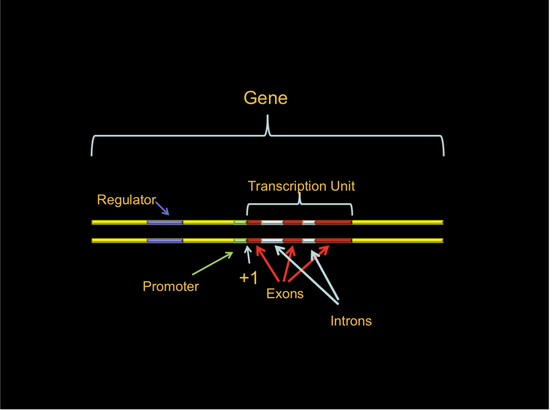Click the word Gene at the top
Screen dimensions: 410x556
click(x=265, y=98)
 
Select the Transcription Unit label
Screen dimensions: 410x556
click(x=301, y=186)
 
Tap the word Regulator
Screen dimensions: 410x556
click(x=126, y=200)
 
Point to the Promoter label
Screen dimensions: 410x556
click(x=170, y=286)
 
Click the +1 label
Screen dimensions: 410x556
click(x=248, y=278)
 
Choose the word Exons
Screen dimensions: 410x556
click(x=284, y=294)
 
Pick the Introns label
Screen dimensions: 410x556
click(x=351, y=321)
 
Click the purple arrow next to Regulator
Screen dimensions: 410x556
click(x=162, y=208)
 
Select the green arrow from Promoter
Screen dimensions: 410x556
click(x=213, y=264)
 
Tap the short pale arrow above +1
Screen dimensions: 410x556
click(x=248, y=255)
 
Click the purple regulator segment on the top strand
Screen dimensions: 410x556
click(x=164, y=222)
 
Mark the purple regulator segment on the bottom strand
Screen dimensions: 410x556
click(x=164, y=241)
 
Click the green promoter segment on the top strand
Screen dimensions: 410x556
click(x=240, y=222)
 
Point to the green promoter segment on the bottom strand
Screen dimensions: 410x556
click(x=240, y=241)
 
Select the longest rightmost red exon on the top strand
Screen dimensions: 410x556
click(x=333, y=222)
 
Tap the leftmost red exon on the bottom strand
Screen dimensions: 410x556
click(x=254, y=241)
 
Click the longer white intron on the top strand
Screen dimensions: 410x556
click(x=272, y=222)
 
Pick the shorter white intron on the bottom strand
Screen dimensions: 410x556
click(x=308, y=241)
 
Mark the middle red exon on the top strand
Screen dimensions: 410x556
click(x=293, y=222)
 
